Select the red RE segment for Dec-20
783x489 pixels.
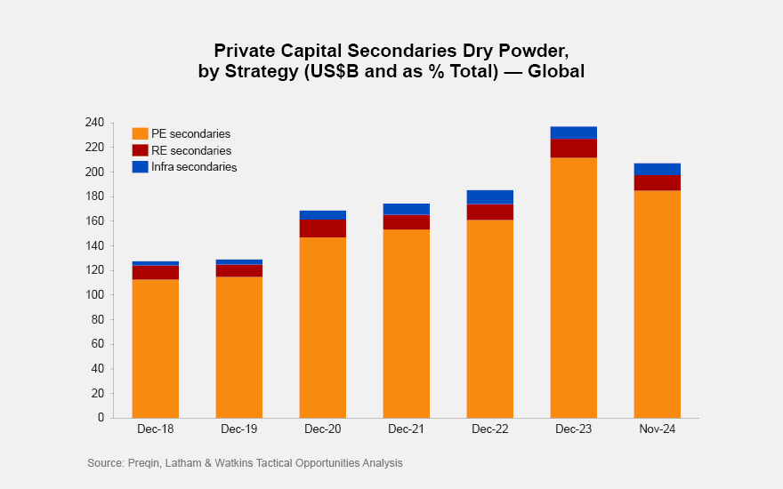pos(323,228)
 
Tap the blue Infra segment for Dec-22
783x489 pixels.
pos(490,196)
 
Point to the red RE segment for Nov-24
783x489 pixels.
pos(658,183)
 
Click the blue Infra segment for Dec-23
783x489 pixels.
pos(574,132)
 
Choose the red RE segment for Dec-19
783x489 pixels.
pos(239,270)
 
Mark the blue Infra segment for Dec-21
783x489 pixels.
pos(407,209)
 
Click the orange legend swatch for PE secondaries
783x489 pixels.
pos(140,133)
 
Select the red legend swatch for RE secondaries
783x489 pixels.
pos(140,150)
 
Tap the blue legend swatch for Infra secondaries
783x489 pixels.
pos(140,166)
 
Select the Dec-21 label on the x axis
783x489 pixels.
pos(407,430)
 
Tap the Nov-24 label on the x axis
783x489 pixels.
pos(658,430)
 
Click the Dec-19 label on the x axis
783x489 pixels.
pos(239,430)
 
